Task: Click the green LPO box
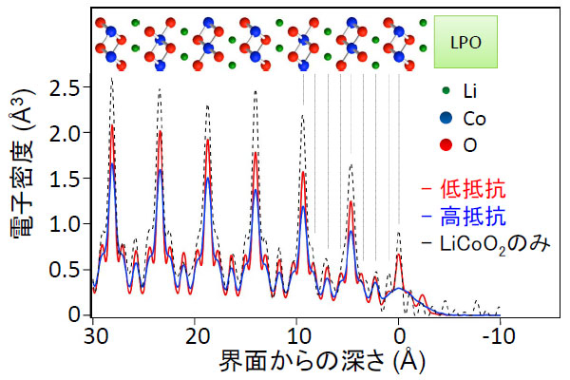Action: [466, 42]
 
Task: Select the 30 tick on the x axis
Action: [93, 335]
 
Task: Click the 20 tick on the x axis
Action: [196, 335]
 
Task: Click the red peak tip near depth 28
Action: [112, 125]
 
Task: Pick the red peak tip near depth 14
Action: [256, 152]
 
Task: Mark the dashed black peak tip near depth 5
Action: [351, 164]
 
